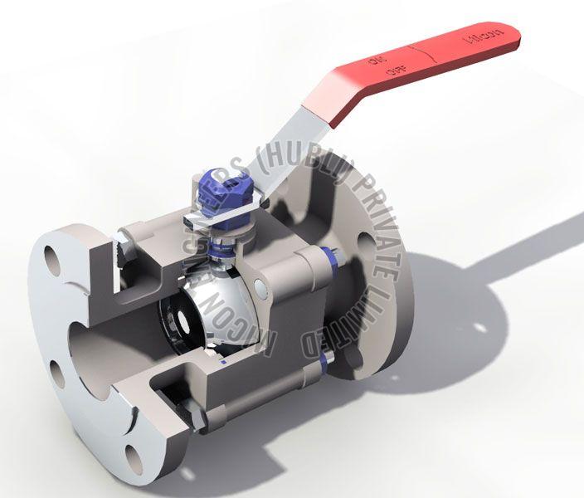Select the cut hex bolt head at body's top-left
[121, 246]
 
